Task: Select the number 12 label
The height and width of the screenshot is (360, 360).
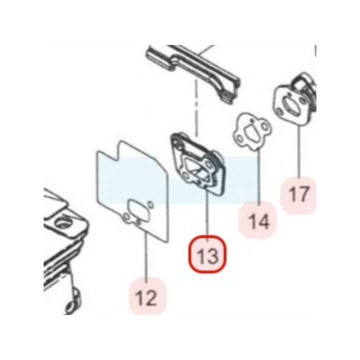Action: click(x=146, y=298)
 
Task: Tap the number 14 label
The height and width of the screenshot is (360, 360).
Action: click(x=259, y=221)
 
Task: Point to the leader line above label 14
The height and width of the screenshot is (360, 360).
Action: click(x=259, y=177)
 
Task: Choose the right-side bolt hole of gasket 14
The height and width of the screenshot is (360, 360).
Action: click(x=265, y=127)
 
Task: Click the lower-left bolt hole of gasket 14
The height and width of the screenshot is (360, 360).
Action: click(x=239, y=138)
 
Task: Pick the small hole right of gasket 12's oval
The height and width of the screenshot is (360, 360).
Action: click(x=150, y=204)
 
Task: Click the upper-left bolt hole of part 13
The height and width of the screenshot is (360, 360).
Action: click(x=177, y=144)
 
